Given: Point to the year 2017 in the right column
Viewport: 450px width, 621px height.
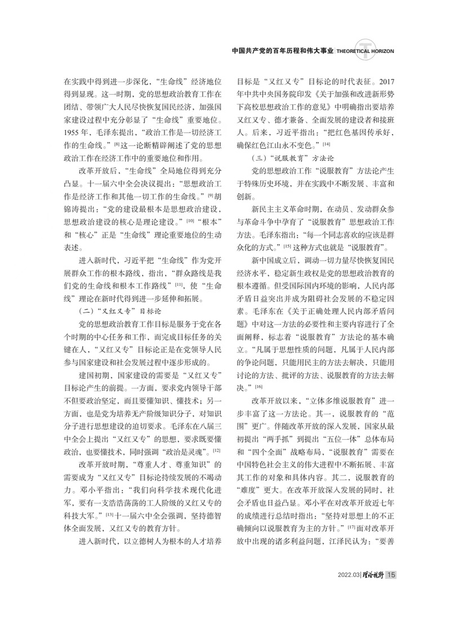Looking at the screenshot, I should point(390,82).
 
